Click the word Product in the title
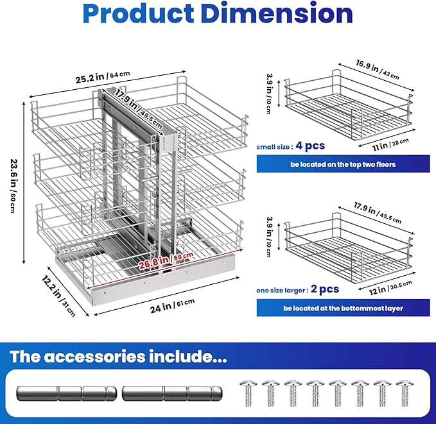[x=138, y=14]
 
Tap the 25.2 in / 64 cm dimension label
[x=103, y=77]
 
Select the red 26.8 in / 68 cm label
[x=166, y=260]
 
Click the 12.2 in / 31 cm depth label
[x=58, y=296]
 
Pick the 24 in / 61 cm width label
[x=172, y=305]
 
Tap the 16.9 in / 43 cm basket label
[x=378, y=69]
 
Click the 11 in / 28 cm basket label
[x=390, y=144]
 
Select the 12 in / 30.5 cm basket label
[x=390, y=288]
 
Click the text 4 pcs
[x=310, y=146]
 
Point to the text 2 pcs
[x=325, y=289]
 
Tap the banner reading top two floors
[x=343, y=164]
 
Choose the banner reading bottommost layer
[x=343, y=308]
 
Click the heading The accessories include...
[x=118, y=357]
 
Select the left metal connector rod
[x=66, y=393]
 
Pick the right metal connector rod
[x=172, y=393]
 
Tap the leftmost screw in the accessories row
[x=249, y=393]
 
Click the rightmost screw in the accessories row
[x=405, y=393]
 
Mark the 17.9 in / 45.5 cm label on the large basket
[x=378, y=212]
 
